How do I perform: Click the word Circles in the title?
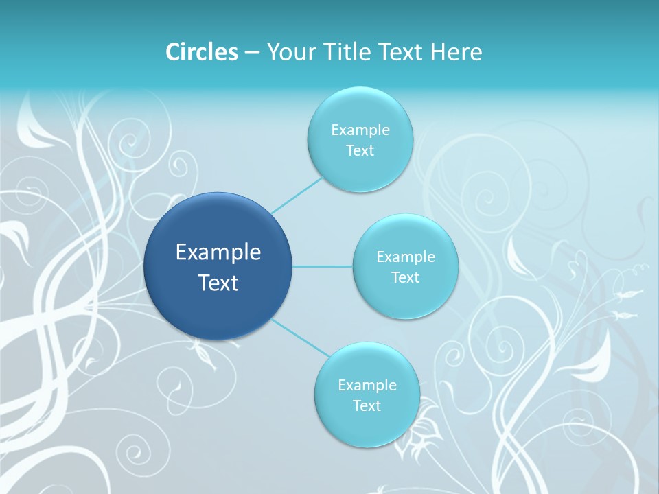pos(201,51)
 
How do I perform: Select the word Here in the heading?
pos(456,51)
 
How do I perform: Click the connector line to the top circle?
pos(297,194)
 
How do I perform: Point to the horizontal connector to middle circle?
pos(323,266)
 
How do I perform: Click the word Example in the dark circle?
pos(218,252)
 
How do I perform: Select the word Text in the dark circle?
pos(218,283)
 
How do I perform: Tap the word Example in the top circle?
pos(360,130)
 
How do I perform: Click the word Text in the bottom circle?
pos(367,405)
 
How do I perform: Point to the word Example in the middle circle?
pos(405,257)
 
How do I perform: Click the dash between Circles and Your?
pos(252,51)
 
